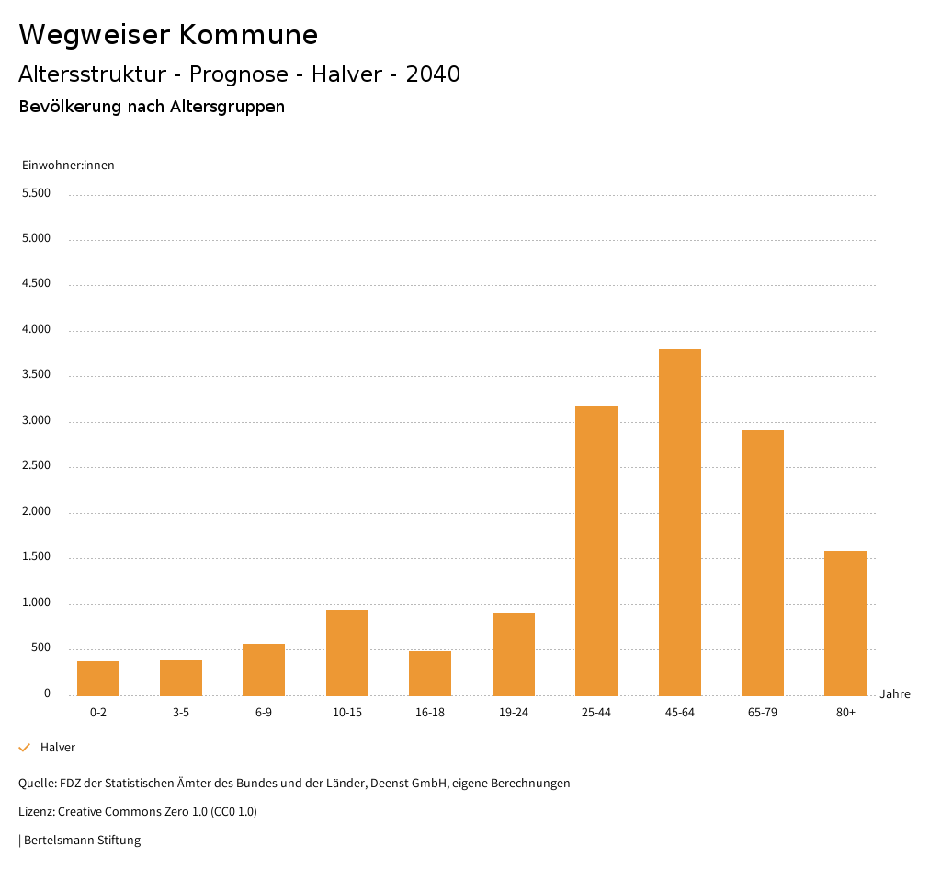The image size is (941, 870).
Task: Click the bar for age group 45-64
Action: click(x=679, y=522)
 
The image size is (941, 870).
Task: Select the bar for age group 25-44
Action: click(x=596, y=551)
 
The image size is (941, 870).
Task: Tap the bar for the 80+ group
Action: click(x=845, y=623)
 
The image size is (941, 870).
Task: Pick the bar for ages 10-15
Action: click(x=347, y=652)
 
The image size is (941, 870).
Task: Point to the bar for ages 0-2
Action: click(x=98, y=678)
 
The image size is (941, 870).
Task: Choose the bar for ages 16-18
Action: click(x=430, y=673)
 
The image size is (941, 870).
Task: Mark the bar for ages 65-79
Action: click(x=763, y=563)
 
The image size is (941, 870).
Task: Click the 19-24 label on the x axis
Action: click(x=514, y=713)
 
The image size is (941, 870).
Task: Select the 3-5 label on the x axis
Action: click(x=181, y=713)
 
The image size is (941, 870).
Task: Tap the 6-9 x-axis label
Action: click(x=264, y=713)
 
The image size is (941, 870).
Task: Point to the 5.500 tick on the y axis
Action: click(x=35, y=193)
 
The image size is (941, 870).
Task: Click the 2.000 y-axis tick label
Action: click(x=35, y=511)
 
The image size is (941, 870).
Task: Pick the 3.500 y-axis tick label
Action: click(x=35, y=375)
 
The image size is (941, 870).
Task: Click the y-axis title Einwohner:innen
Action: click(x=68, y=166)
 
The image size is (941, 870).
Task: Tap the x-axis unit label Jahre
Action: click(x=895, y=694)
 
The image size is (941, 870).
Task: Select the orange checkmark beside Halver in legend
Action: click(x=25, y=748)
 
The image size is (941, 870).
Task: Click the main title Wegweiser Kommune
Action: click(x=168, y=35)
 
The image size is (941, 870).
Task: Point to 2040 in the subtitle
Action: click(x=433, y=74)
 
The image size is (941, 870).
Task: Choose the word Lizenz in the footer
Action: click(x=36, y=811)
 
